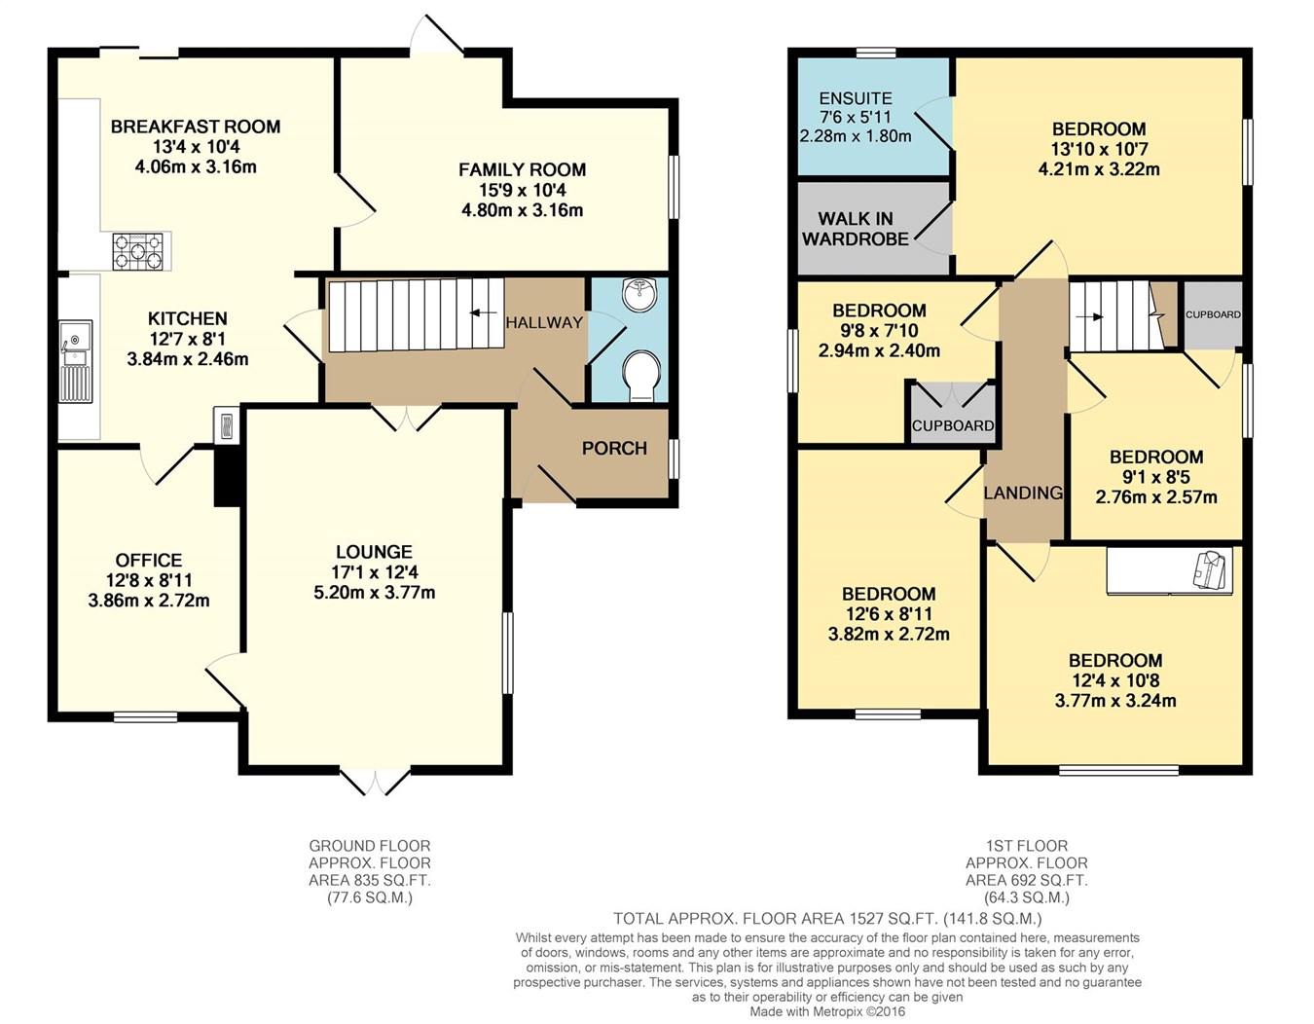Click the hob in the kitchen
[x=138, y=251]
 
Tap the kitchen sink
[x=76, y=361]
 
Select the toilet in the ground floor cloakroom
[x=641, y=376]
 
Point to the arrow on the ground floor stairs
[x=483, y=312]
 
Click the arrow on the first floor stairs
[x=1090, y=316]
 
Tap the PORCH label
[x=614, y=448]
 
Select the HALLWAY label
[x=544, y=322]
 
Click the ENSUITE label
[x=856, y=98]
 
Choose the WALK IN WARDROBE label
[x=856, y=229]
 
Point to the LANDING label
[x=1023, y=493]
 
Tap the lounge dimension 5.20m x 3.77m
[x=375, y=593]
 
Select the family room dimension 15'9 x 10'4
[x=523, y=190]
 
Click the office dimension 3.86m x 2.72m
[x=149, y=601]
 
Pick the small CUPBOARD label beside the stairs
[x=1213, y=314]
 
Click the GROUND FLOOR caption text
[x=370, y=845]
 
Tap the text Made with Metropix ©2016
[x=828, y=1011]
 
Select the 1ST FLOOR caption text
[x=1027, y=845]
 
